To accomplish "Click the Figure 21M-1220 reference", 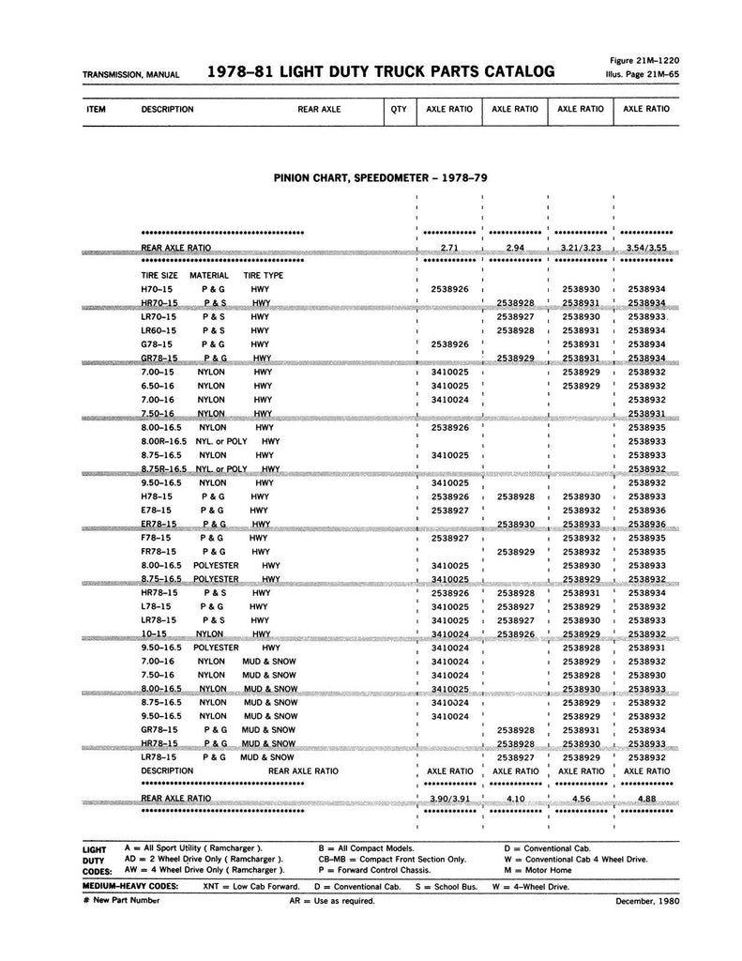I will (x=645, y=58).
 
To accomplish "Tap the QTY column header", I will (x=399, y=110).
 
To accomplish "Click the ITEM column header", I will (x=95, y=110).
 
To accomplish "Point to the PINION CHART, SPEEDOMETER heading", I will (x=380, y=176).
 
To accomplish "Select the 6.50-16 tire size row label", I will (x=158, y=386).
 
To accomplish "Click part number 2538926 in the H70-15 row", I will (x=449, y=290).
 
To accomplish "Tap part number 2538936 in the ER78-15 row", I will (x=647, y=524).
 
